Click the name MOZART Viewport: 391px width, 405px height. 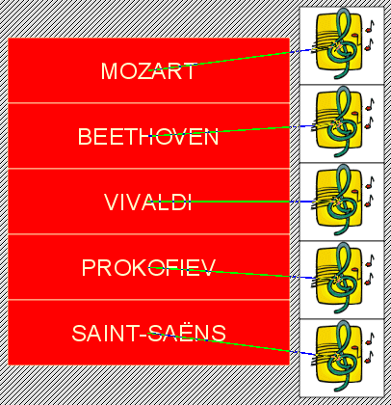pyautogui.click(x=147, y=71)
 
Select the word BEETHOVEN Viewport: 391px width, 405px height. pyautogui.click(x=148, y=136)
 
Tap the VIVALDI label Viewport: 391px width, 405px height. pyautogui.click(x=148, y=202)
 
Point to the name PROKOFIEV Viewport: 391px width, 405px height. pyautogui.click(x=148, y=267)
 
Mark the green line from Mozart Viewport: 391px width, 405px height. pyautogui.click(x=220, y=61)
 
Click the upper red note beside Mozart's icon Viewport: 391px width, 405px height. pyautogui.click(x=369, y=27)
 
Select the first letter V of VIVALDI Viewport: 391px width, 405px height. pyautogui.click(x=111, y=202)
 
